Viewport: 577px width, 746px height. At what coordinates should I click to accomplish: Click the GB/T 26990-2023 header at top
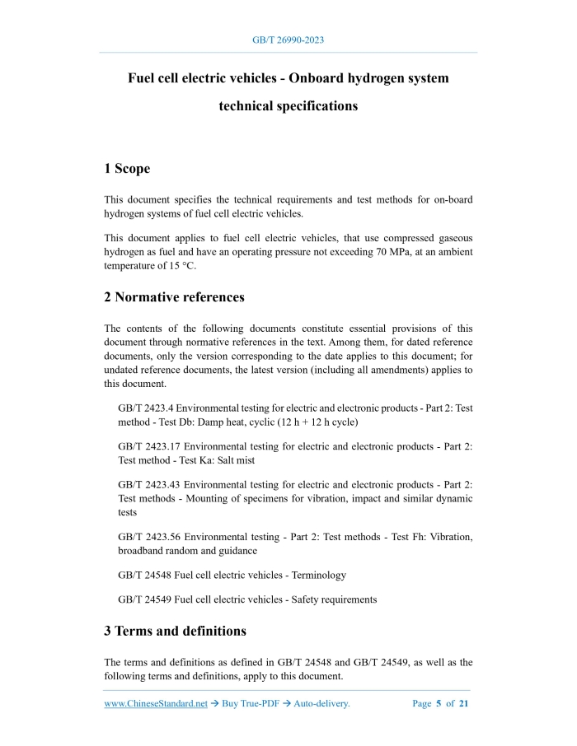288,40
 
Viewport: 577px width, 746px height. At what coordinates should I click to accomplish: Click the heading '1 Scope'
127,169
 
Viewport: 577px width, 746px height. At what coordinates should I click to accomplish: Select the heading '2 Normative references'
174,296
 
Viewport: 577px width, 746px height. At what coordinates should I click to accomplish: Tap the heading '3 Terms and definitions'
175,632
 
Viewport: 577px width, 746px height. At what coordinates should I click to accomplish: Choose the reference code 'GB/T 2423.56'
148,537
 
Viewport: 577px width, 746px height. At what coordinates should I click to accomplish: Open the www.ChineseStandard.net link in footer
156,704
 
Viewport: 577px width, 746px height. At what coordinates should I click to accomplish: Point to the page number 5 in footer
439,704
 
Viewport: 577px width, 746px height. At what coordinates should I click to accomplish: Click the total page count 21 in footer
464,704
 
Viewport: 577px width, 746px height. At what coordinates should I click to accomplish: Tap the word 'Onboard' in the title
326,78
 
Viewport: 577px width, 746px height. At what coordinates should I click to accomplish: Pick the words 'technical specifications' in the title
288,106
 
